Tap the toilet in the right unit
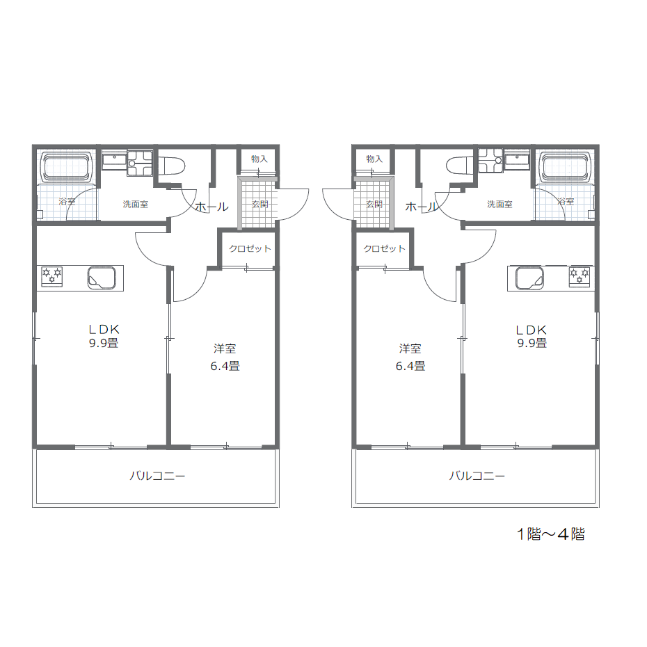pos(462,166)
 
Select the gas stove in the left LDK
pos(52,275)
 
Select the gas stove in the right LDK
pos(580,275)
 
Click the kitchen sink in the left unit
pos(102,278)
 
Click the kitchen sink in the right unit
pos(530,278)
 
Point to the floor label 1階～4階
pos(551,534)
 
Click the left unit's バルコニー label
pos(157,476)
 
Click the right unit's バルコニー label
pos(477,476)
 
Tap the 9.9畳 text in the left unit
pos(104,343)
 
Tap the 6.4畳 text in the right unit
pos(410,366)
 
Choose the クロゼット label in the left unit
pos(250,248)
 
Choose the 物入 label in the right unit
pos(374,159)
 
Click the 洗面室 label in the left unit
pos(136,204)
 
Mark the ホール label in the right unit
pos(422,207)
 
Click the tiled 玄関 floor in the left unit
pos(257,202)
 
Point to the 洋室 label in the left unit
pos(225,349)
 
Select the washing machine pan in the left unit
pos(139,163)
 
